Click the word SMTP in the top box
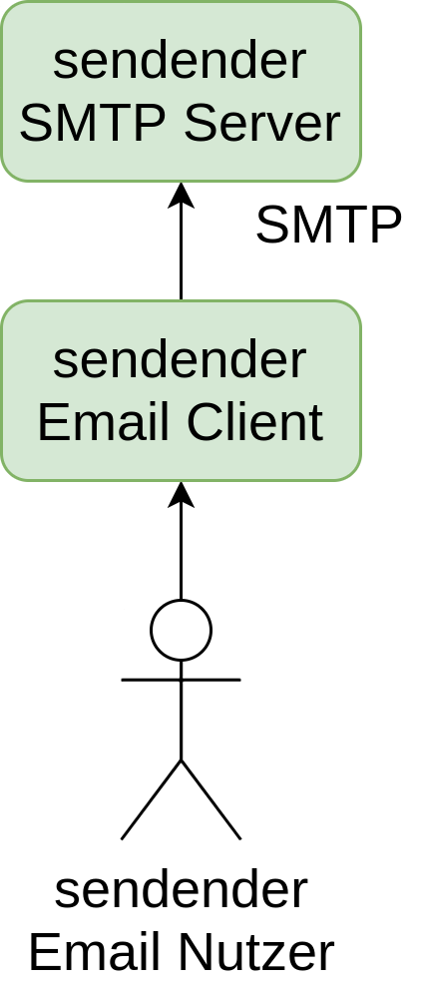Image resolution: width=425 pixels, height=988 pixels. coord(95,123)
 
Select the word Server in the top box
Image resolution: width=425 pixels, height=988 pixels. coord(262,123)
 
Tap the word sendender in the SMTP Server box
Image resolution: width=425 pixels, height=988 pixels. coord(180,61)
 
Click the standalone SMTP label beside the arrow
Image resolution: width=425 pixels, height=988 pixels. coord(328,225)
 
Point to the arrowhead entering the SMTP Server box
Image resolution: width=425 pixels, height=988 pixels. coord(181,195)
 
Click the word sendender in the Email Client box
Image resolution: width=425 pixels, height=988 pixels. coord(180,360)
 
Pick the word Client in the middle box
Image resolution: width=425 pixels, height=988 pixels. coord(255,422)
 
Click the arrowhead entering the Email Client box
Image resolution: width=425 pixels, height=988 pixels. coord(181,494)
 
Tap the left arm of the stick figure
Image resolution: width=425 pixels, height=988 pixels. coord(151,680)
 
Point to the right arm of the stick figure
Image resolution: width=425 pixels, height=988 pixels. coord(211,680)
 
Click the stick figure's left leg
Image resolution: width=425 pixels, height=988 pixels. coord(151,800)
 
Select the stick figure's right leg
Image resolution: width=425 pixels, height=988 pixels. coord(211,800)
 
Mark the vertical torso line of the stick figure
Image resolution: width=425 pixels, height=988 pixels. coord(182,711)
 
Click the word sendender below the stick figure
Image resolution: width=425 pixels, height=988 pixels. coord(182,890)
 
